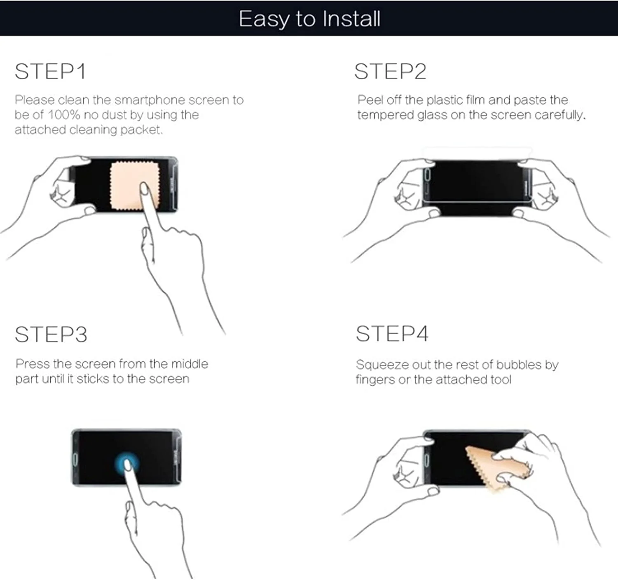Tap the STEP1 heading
pos(50,71)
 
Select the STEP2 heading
pos(390,71)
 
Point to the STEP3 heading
pos(51,335)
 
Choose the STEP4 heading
pos(392,334)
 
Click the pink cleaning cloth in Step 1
pos(135,186)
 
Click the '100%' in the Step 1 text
pos(64,115)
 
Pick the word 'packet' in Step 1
pos(142,130)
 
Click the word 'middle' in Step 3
pos(190,364)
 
